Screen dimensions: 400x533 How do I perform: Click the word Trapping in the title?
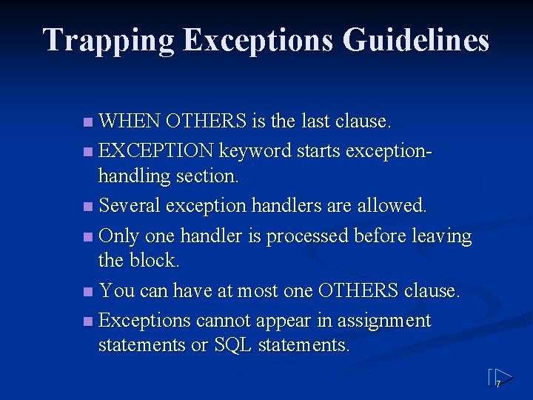pyautogui.click(x=107, y=40)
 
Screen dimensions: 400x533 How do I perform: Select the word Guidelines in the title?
pyautogui.click(x=417, y=40)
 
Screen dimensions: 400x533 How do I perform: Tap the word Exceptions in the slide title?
pyautogui.click(x=258, y=40)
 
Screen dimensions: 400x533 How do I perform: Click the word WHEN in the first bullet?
pyautogui.click(x=130, y=121)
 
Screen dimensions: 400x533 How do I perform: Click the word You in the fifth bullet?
pyautogui.click(x=115, y=291)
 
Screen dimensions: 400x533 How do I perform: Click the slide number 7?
pyautogui.click(x=498, y=384)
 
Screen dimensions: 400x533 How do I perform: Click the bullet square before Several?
pyautogui.click(x=88, y=205)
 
